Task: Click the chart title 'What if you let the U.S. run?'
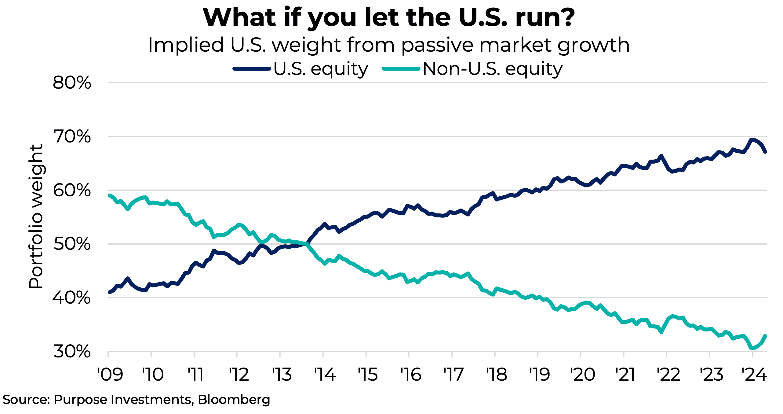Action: point(388,18)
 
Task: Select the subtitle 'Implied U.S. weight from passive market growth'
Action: point(388,45)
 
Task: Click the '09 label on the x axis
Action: point(110,375)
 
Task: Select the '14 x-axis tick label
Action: point(325,375)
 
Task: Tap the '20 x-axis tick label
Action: point(583,375)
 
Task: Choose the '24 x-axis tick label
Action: point(754,375)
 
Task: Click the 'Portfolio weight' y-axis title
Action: point(36,216)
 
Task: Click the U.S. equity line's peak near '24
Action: point(753,140)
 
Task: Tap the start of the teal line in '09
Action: point(110,195)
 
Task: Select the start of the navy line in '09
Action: point(110,292)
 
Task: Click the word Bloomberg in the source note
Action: point(234,400)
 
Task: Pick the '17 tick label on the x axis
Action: point(454,375)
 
